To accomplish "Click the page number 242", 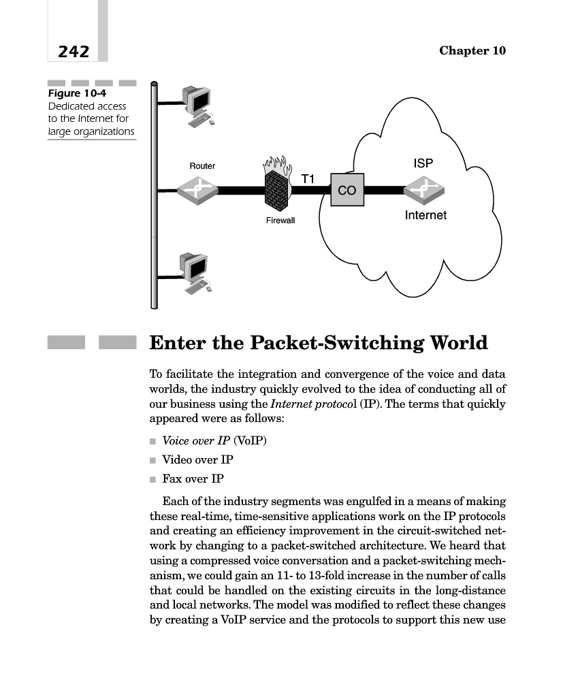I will [x=74, y=51].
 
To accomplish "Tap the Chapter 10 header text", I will [x=472, y=51].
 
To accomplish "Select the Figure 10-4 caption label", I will [x=76, y=94].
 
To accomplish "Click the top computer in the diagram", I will [x=197, y=105].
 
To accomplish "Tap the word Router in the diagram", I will [x=202, y=166].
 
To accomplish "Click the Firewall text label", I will [x=280, y=221].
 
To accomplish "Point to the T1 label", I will [x=308, y=179].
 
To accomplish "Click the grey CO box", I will [x=347, y=191].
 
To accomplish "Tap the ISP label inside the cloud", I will [x=423, y=163].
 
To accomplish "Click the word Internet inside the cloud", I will [x=425, y=215].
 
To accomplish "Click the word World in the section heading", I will [x=452, y=343].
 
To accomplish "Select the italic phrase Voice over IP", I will [x=189, y=440].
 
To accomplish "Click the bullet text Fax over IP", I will [x=193, y=479].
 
